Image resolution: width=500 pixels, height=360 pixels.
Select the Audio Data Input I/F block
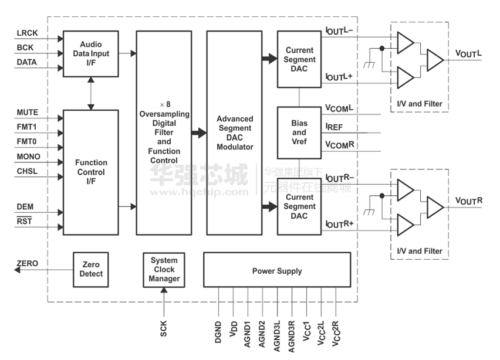(x=91, y=53)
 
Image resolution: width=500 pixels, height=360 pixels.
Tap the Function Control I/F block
(x=91, y=172)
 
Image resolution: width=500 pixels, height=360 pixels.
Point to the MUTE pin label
(x=28, y=112)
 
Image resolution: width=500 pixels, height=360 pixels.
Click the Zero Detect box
(x=91, y=269)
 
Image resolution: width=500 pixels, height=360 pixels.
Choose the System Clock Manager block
(x=164, y=269)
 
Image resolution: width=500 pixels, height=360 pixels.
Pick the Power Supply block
(x=277, y=271)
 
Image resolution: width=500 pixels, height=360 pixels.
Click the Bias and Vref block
(x=299, y=133)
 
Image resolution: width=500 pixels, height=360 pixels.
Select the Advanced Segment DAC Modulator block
(x=234, y=133)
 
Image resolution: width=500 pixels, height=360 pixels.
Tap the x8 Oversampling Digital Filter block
(x=164, y=133)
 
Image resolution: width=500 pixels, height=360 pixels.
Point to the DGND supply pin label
(x=218, y=332)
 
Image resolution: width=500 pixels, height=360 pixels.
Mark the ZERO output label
(x=28, y=264)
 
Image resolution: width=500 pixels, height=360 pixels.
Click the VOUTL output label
(x=469, y=53)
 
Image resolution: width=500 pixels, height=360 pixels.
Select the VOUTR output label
(x=469, y=201)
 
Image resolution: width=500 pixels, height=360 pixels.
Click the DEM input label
(x=25, y=207)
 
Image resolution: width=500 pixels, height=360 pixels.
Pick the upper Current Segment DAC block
(x=299, y=59)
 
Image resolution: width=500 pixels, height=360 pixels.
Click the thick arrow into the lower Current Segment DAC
(x=269, y=206)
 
